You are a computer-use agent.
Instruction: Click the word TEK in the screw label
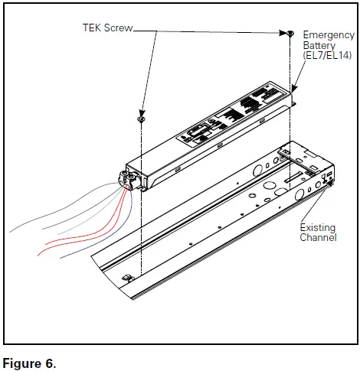[x=94, y=28]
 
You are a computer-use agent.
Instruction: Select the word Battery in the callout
[x=319, y=46]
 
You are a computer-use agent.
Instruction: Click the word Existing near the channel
[x=317, y=228]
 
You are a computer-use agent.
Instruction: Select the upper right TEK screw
[x=291, y=33]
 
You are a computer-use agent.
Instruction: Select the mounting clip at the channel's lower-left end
[x=128, y=276]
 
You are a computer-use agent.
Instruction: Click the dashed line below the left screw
[x=142, y=199]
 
